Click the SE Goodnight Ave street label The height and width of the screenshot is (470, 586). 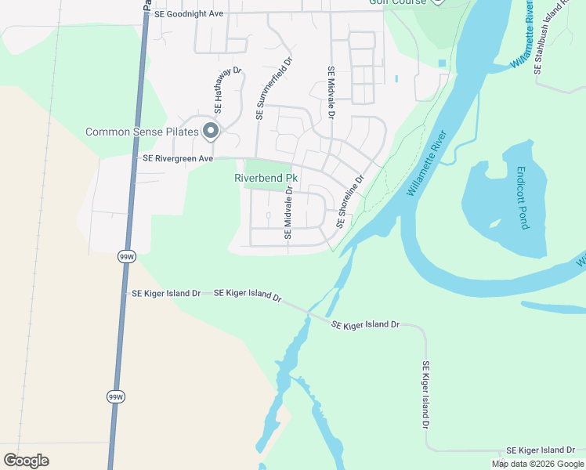190,13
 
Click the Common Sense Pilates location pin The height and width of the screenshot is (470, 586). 210,132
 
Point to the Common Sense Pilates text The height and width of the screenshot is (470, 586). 141,132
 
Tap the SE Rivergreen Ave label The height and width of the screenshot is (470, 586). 177,158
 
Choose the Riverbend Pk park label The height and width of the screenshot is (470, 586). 266,178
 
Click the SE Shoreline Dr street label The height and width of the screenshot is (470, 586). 350,201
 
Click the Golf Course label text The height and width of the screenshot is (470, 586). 398,2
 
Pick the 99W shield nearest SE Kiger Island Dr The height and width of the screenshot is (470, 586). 126,256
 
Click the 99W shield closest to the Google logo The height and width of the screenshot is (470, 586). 115,397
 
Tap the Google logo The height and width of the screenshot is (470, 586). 26,461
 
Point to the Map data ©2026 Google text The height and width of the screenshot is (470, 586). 538,464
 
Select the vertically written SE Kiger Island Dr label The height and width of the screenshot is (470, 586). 426,395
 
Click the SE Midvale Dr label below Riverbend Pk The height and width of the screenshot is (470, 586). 288,212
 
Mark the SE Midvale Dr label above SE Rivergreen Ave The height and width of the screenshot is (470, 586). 331,92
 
